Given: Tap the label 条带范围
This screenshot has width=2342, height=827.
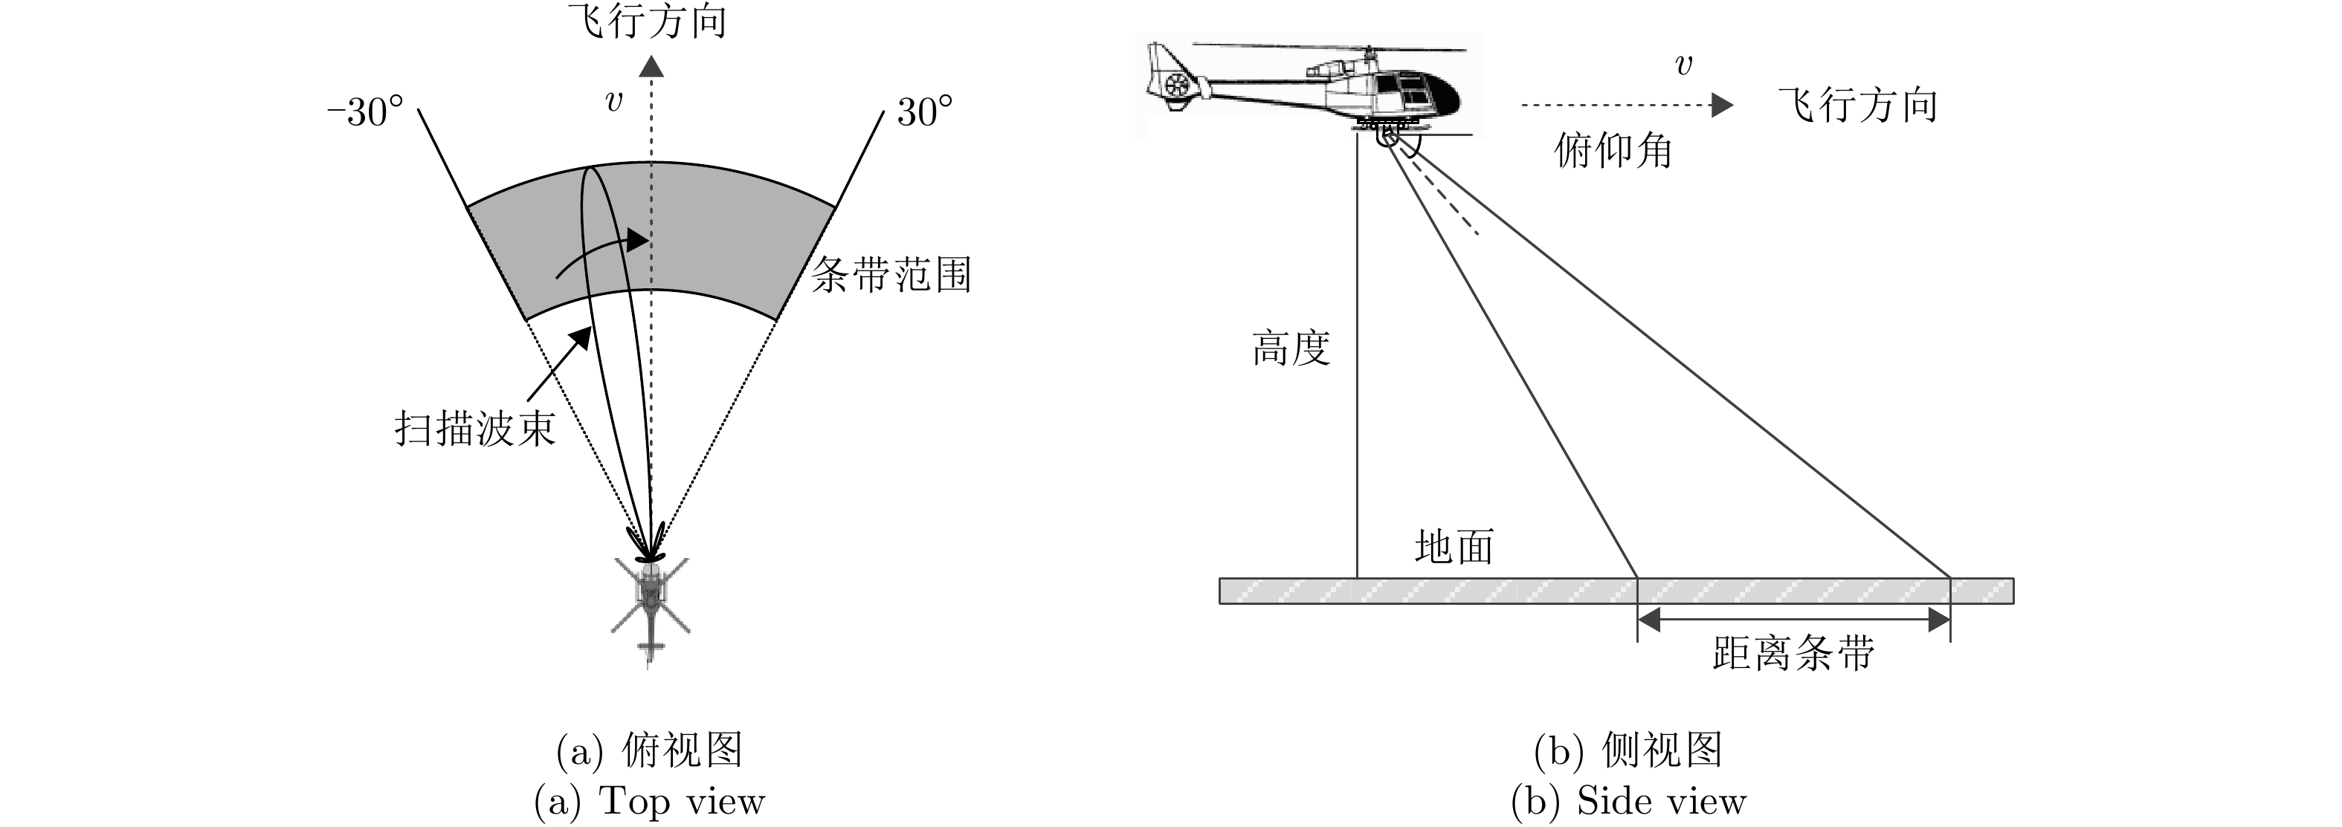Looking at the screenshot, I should (891, 274).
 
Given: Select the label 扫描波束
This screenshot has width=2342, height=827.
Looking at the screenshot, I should (474, 428).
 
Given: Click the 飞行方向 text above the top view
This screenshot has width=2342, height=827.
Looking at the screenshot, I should (648, 22).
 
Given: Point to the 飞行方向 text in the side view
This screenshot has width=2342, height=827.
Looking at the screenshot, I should (1858, 106).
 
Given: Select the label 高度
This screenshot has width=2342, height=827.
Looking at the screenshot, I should (1291, 348).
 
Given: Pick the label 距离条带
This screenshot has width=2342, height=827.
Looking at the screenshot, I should (1793, 652).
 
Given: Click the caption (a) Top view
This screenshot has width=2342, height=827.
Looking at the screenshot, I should (649, 802).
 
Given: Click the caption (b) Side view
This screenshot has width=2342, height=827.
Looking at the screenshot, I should (1628, 802).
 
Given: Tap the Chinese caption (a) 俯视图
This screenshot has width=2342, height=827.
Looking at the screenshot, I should (649, 750).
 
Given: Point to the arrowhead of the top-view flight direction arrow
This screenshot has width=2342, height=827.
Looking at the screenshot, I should (651, 66).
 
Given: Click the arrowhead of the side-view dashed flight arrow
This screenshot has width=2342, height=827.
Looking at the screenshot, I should (1721, 106).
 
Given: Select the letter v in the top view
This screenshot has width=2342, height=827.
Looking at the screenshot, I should (615, 101).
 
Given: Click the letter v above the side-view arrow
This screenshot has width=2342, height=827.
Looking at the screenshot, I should (1684, 65).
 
